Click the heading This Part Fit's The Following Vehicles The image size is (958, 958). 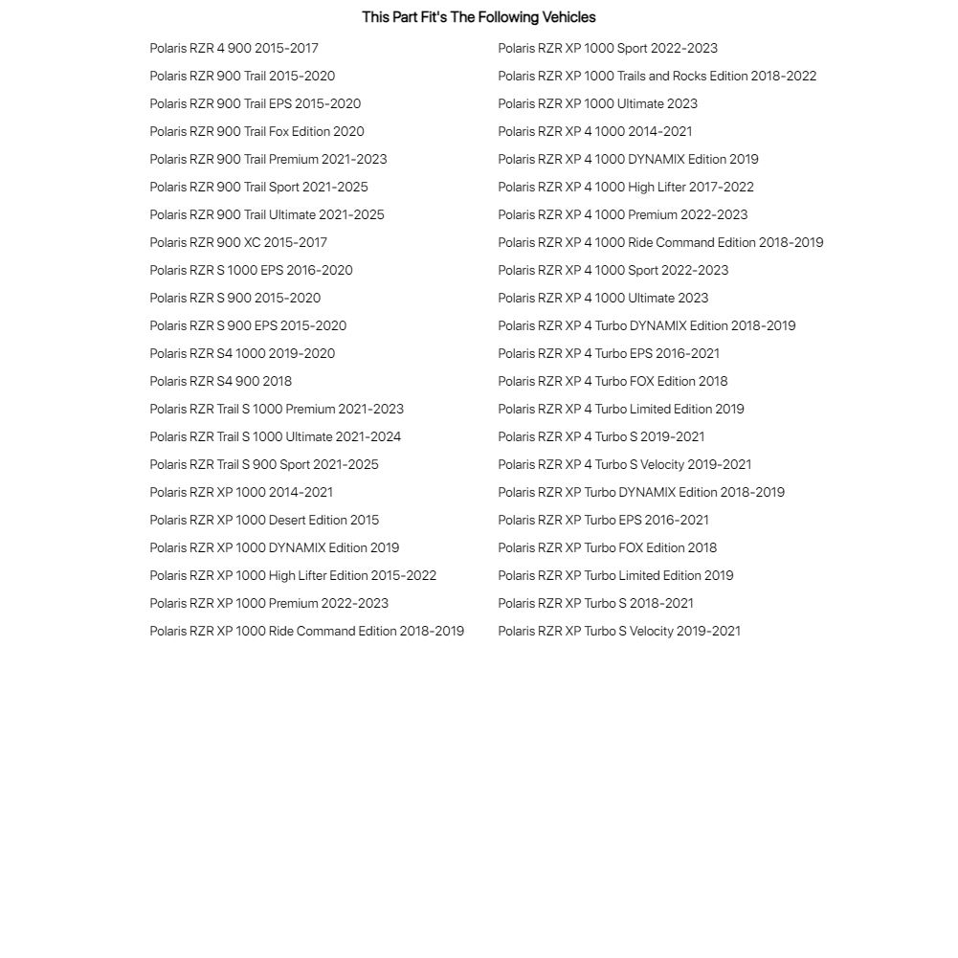pos(479,17)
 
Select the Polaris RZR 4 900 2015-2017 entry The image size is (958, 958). pos(234,48)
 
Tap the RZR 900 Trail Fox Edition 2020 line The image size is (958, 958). pos(256,131)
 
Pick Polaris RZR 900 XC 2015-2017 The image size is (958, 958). pos(238,242)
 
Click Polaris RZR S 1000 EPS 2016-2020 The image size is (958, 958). pos(251,270)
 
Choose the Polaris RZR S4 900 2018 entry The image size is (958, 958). pos(220,381)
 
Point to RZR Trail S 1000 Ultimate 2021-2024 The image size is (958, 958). pos(275,436)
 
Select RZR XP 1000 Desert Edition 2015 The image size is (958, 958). pos(264,520)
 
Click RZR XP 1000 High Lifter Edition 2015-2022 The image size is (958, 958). pos(293,575)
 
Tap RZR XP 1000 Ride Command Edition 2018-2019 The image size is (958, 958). pos(306,631)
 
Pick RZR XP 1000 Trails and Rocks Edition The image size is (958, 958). pos(657,76)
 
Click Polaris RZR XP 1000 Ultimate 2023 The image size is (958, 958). pos(597,103)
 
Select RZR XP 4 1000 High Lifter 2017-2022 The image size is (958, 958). pos(626,187)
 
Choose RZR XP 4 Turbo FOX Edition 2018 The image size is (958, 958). pos(613,381)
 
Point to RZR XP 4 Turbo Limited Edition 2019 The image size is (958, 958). pos(621,409)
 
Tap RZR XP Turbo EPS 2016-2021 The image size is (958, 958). pos(603,520)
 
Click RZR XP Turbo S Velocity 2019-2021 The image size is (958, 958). pos(619,631)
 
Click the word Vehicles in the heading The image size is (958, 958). pos(568,17)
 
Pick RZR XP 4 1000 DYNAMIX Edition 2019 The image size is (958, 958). pos(628,159)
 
